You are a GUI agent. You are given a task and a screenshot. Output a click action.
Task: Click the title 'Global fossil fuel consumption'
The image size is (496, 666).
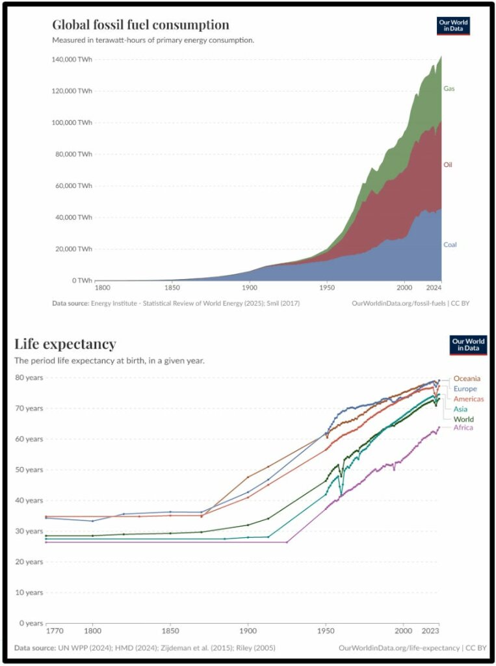pyautogui.click(x=140, y=25)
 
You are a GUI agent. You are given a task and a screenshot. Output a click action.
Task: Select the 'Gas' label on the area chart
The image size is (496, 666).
pyautogui.click(x=449, y=88)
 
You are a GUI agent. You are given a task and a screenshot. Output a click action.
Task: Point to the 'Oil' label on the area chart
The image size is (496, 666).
pyautogui.click(x=448, y=165)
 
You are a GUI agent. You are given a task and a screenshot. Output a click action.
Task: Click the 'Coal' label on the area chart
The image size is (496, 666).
pyautogui.click(x=450, y=245)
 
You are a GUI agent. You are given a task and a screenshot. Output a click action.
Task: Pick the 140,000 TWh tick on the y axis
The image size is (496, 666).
pyautogui.click(x=72, y=59)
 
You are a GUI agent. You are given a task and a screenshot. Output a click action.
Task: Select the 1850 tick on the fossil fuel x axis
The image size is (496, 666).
pyautogui.click(x=172, y=287)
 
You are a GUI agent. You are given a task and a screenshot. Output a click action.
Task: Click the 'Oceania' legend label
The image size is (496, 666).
pyautogui.click(x=467, y=379)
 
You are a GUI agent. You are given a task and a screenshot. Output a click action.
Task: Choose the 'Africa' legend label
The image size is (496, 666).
pyautogui.click(x=463, y=427)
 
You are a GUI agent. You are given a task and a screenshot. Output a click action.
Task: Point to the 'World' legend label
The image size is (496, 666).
pyautogui.click(x=463, y=420)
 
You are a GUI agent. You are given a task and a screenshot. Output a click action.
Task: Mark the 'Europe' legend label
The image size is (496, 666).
pyautogui.click(x=465, y=388)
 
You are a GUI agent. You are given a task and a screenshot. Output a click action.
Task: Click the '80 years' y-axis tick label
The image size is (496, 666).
pyautogui.click(x=29, y=377)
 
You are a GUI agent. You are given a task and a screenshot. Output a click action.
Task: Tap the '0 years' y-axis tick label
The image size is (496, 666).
pyautogui.click(x=31, y=623)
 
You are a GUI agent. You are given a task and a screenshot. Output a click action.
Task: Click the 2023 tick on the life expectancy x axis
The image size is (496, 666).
pyautogui.click(x=429, y=630)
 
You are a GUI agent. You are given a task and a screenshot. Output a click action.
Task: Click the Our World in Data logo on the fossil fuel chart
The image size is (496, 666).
pyautogui.click(x=452, y=26)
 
